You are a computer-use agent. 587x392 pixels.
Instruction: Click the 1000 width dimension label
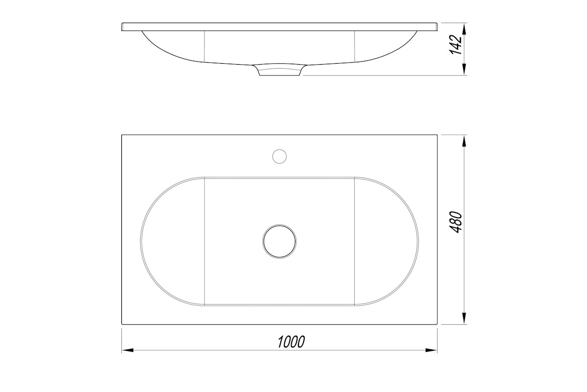pyautogui.click(x=291, y=342)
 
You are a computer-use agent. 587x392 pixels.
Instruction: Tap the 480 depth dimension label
pyautogui.click(x=456, y=222)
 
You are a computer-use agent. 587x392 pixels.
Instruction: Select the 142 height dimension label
pyautogui.click(x=456, y=45)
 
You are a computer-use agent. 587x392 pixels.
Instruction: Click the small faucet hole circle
pyautogui.click(x=279, y=156)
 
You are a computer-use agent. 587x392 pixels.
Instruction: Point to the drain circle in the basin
pyautogui.click(x=279, y=242)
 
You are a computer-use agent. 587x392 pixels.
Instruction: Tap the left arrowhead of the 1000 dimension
pyautogui.click(x=128, y=350)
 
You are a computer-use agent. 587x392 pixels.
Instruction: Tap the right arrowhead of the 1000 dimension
pyautogui.click(x=431, y=350)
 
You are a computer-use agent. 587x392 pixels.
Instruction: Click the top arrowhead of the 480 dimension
pyautogui.click(x=464, y=141)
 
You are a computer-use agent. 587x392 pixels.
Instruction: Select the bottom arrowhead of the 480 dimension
pyautogui.click(x=464, y=318)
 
